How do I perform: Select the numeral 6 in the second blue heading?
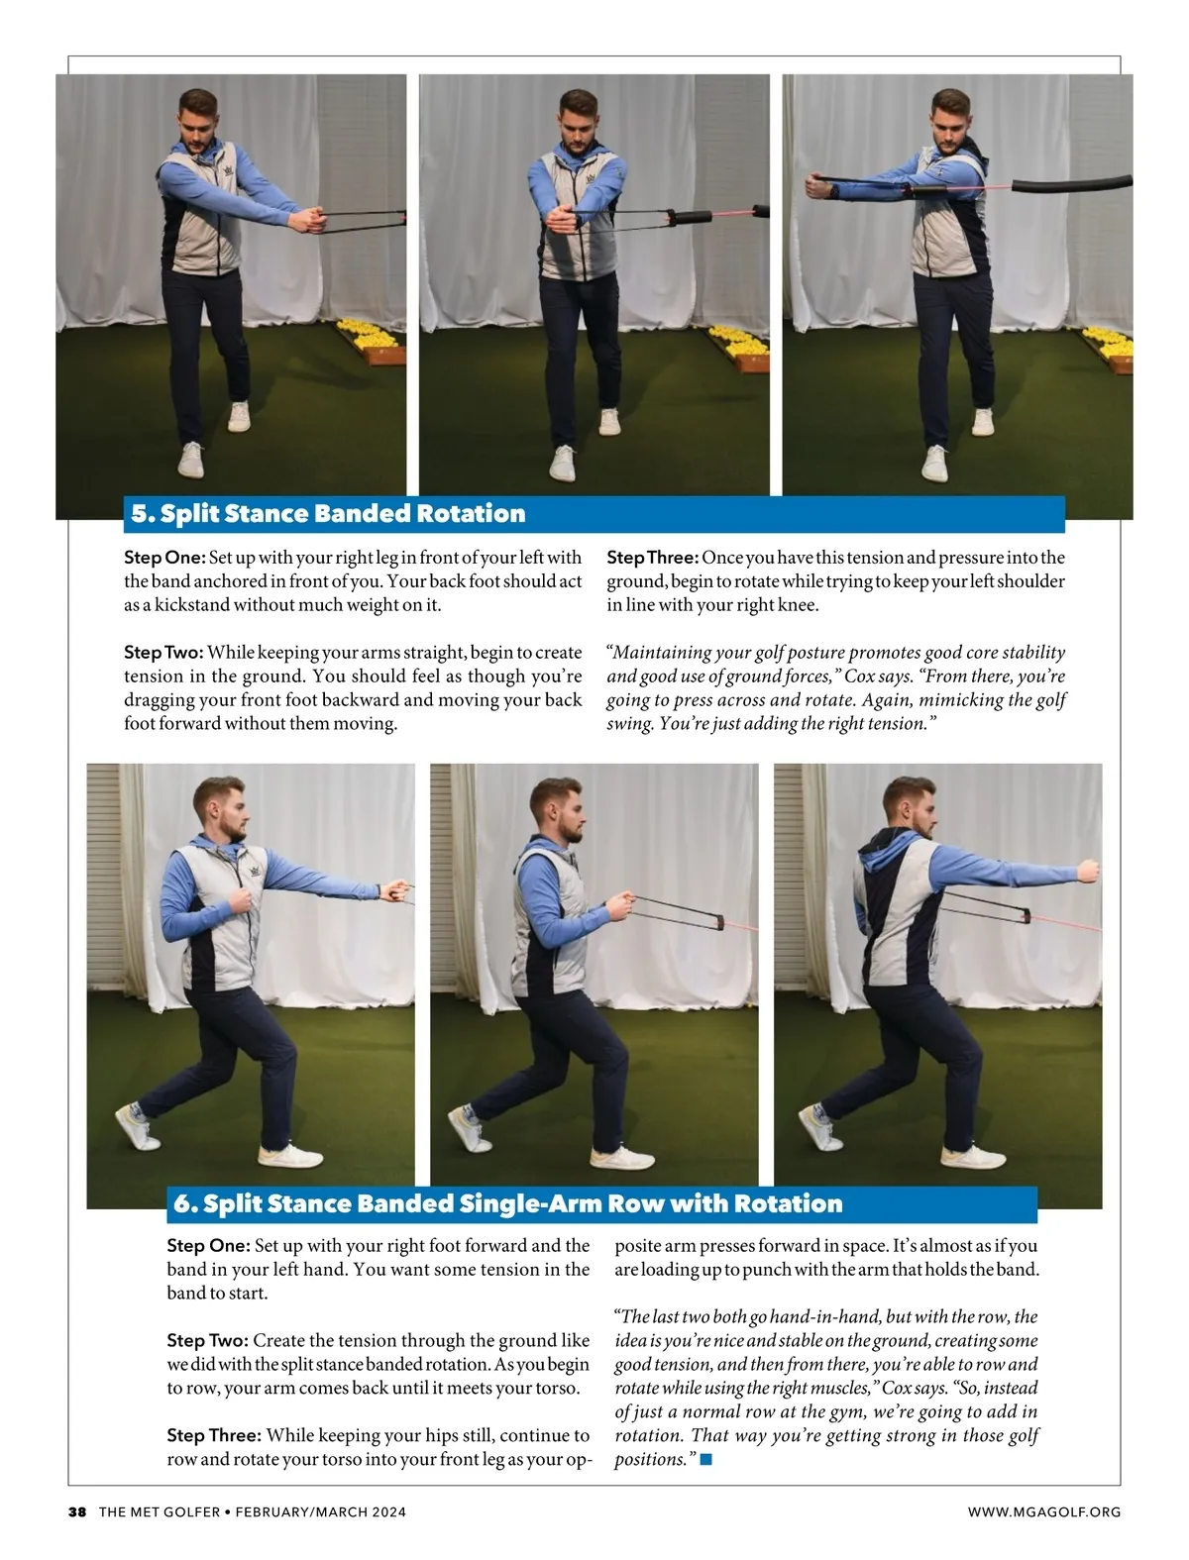[x=182, y=1203]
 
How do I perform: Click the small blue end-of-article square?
[x=705, y=1459]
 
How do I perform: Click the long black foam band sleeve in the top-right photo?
[x=1071, y=184]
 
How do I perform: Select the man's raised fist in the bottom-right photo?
[x=1087, y=871]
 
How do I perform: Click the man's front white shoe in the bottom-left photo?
[x=290, y=1155]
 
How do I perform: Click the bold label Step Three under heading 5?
[x=652, y=558]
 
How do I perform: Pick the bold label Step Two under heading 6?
[x=207, y=1340]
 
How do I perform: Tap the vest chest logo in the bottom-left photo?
[x=256, y=871]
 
